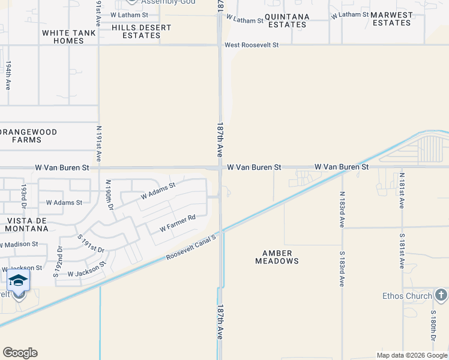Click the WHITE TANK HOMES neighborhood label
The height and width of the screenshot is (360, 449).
coord(63,36)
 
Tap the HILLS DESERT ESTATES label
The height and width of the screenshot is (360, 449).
coord(142,31)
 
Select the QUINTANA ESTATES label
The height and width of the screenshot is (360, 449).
coord(287,20)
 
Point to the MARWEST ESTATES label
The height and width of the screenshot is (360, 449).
coord(392,19)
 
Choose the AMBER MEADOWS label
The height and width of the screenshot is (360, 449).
coord(277,257)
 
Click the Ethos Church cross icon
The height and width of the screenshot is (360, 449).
coord(441,295)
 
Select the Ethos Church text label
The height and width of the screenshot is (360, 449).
coord(407,296)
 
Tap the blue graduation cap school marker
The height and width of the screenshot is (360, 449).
coord(19,280)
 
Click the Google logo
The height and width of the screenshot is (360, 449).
coord(20,353)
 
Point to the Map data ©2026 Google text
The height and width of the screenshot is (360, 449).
coord(411,355)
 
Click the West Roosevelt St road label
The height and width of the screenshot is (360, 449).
coord(252,45)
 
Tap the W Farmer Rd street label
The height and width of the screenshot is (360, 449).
coord(178,224)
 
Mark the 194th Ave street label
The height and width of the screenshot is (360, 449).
coord(8,75)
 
